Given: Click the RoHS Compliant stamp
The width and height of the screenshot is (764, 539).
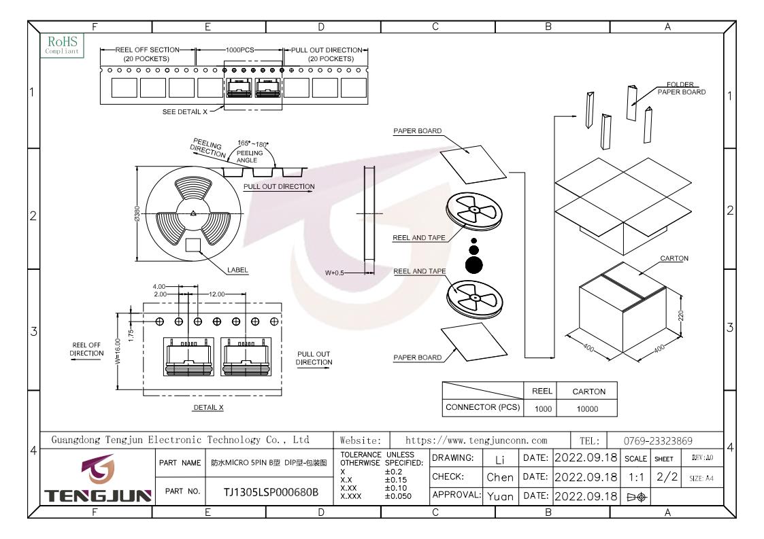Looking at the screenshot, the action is coord(63,45).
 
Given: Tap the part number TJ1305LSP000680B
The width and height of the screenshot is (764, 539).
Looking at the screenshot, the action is coord(271,492).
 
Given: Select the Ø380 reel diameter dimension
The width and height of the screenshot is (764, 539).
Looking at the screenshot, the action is coord(137,213).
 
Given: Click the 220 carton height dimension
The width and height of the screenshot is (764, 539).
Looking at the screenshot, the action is coord(681,315).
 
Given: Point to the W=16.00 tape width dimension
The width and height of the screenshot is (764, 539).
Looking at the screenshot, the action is coord(118,351).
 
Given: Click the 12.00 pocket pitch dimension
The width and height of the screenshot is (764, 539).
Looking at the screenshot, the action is coord(217,294).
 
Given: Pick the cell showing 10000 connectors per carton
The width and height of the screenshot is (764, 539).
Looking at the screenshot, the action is coord(587,409).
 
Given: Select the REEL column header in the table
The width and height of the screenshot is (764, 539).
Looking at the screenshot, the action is coord(542,391).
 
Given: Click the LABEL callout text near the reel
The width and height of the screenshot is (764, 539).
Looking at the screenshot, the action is coord(237,270).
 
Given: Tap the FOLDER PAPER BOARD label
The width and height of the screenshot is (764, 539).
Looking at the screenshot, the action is coord(681,88).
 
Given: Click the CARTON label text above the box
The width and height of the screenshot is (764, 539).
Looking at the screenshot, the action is coord(674,258).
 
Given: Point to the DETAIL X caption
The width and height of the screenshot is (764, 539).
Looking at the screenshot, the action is coord(209,408).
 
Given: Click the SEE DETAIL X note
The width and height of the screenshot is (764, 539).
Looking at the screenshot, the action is coord(184,111).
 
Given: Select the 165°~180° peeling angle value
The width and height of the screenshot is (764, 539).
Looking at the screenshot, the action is coord(252,144).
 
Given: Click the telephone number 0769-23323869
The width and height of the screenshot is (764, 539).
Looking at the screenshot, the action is coord(658,441).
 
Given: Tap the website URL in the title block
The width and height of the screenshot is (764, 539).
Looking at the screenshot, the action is coord(476,440).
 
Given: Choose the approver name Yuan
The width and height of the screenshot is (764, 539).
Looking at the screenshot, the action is coord(501,496).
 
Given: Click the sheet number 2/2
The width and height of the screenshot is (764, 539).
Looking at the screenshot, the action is coord(667,476).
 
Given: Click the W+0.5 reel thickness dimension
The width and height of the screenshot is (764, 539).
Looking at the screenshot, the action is coord(334,273).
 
